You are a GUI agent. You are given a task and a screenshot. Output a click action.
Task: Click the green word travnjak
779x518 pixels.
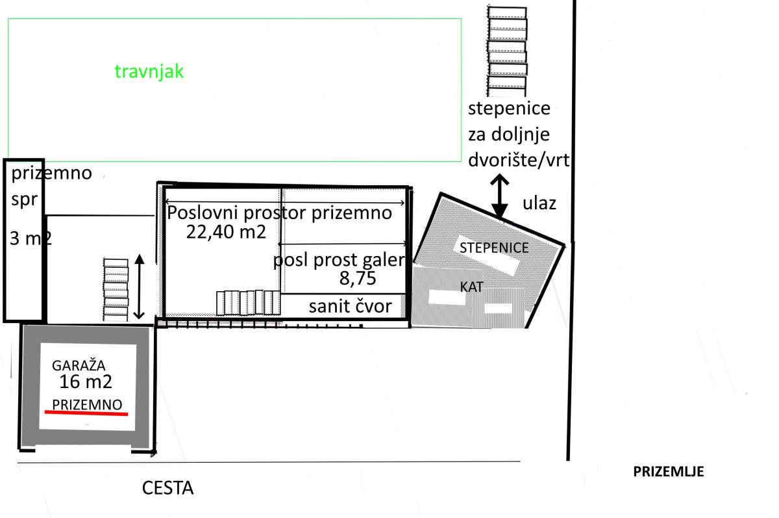(149, 71)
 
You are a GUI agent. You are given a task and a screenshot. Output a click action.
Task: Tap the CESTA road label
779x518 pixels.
(167, 487)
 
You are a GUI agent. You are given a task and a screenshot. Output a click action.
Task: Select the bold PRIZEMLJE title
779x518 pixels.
(668, 471)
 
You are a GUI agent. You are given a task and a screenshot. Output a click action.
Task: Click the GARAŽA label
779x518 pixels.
(79, 365)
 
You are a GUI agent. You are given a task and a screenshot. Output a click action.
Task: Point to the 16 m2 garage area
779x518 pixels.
(86, 382)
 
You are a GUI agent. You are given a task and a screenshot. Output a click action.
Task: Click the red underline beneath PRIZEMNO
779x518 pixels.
(86, 413)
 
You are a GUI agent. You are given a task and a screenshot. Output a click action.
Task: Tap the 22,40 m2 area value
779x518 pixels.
(226, 232)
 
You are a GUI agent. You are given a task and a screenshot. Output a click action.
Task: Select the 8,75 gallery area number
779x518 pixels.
(358, 278)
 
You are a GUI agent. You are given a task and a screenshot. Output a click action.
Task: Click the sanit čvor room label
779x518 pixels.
(350, 306)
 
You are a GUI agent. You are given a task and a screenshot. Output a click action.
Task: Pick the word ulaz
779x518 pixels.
(539, 203)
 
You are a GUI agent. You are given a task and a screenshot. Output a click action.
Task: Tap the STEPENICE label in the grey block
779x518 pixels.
(494, 248)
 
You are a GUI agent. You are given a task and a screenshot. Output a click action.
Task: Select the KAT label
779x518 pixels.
(471, 287)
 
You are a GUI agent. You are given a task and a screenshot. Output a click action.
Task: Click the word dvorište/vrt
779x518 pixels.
(519, 160)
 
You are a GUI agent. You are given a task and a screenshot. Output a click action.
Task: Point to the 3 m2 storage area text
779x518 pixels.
(31, 239)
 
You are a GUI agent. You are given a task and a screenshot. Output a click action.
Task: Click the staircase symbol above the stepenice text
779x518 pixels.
(507, 51)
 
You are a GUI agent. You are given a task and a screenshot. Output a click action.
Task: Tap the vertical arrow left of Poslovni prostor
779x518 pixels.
(139, 287)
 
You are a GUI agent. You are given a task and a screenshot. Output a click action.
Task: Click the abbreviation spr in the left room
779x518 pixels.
(24, 200)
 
